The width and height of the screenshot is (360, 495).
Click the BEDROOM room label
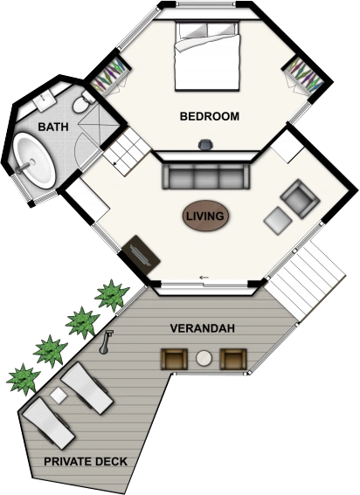coord(210,116)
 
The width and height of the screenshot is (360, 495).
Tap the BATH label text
coord(53,127)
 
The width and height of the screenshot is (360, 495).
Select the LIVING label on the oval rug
coord(205,217)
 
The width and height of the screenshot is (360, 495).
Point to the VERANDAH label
coord(203,328)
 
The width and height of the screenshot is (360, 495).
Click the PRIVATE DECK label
coord(86,462)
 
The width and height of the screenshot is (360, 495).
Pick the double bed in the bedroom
coord(207,56)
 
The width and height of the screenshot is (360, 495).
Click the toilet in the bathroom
coord(82,102)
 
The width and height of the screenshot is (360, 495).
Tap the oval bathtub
coord(34,161)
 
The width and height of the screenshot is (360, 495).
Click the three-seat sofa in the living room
coord(206,176)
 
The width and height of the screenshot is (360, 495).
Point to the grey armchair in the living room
coord(300,199)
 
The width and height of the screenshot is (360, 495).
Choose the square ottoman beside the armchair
coord(278,220)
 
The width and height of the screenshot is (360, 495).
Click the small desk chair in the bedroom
coord(205,145)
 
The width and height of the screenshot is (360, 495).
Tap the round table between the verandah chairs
coord(204,359)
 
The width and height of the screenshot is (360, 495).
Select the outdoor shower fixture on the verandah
coord(106,342)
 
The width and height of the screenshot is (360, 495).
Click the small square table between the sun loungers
coord(59,395)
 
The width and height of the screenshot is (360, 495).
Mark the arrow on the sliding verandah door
coord(204,278)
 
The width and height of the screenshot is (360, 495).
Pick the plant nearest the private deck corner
coord(23,379)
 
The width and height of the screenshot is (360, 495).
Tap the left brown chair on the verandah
coord(174,359)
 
